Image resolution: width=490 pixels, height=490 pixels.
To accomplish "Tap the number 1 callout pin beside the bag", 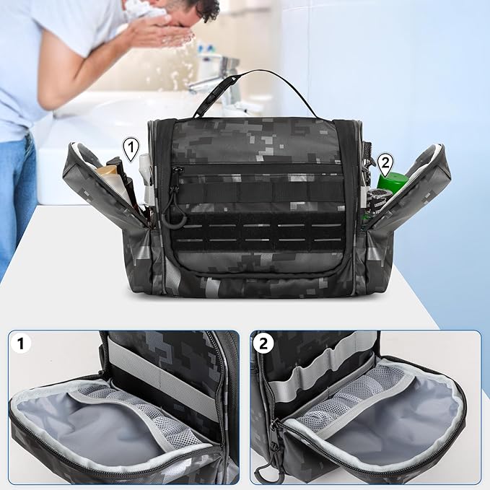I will click(131, 150).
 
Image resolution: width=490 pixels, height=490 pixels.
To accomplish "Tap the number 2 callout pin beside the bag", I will click(385, 163).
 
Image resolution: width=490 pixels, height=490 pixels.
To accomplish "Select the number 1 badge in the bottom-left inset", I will click(25, 345).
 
